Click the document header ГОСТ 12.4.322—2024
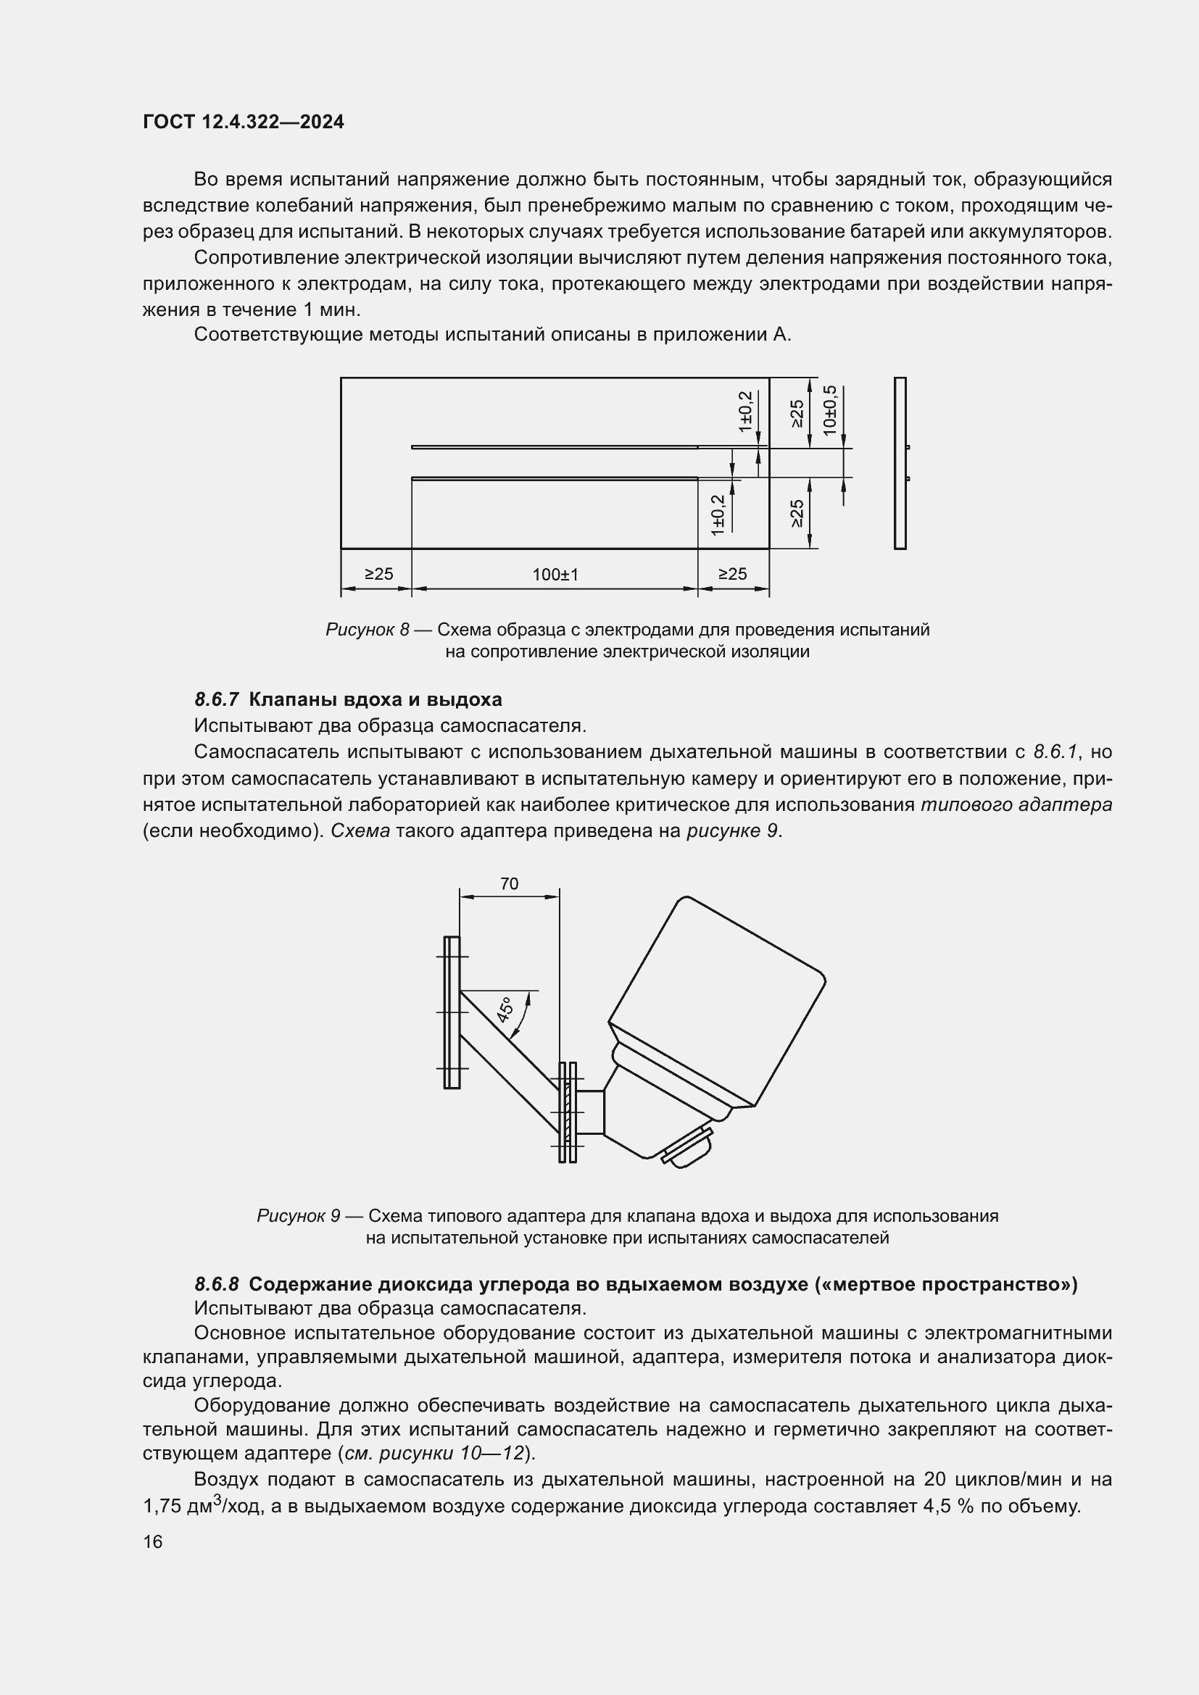(243, 122)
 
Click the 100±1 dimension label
(555, 575)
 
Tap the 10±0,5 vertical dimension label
(830, 409)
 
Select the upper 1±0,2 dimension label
(745, 411)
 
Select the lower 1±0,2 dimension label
(718, 515)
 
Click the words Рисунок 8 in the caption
(367, 630)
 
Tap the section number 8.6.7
(216, 699)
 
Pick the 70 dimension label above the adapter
(510, 883)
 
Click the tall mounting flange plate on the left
(452, 1012)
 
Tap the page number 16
(153, 1542)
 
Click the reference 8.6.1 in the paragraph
(1055, 751)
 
